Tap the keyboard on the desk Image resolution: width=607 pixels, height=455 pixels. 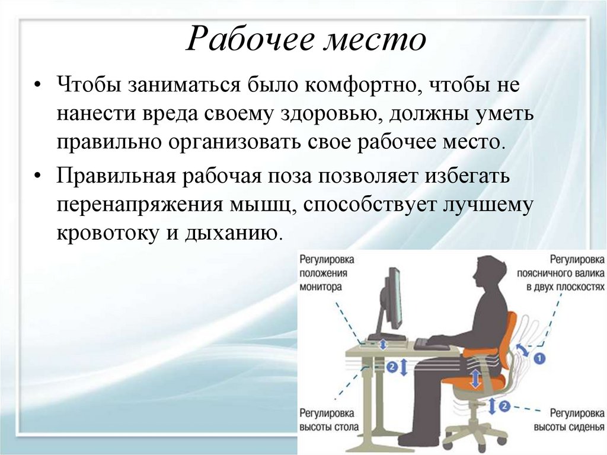(x=432, y=343)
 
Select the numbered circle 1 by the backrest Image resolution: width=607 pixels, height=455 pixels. (x=539, y=358)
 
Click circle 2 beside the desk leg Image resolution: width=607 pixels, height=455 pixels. (x=392, y=367)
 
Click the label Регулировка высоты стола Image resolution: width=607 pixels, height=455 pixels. (x=328, y=419)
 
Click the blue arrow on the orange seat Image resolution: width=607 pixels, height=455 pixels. (x=475, y=378)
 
